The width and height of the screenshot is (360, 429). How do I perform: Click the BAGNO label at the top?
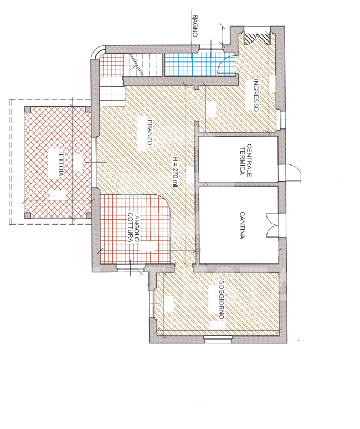click(194, 25)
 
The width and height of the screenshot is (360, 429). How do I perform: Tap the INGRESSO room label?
click(256, 95)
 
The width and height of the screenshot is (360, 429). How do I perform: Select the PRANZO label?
click(150, 132)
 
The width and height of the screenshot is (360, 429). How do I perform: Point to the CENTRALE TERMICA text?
click(245, 161)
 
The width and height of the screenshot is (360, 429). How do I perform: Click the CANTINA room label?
click(242, 225)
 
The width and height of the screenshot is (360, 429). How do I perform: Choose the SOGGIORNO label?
click(222, 299)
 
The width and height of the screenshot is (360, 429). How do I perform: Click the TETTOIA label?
click(61, 163)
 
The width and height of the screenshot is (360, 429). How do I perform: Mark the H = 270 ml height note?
click(175, 172)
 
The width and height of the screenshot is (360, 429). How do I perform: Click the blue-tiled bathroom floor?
click(199, 65)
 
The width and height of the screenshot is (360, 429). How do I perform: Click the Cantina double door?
click(273, 225)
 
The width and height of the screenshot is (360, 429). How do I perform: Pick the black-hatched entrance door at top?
click(257, 38)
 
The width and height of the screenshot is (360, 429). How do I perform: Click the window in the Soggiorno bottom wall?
click(218, 339)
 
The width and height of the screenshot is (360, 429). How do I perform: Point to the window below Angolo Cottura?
click(130, 267)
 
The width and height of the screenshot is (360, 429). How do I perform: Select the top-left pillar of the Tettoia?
click(28, 110)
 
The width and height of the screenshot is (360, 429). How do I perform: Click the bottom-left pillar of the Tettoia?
click(28, 215)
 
